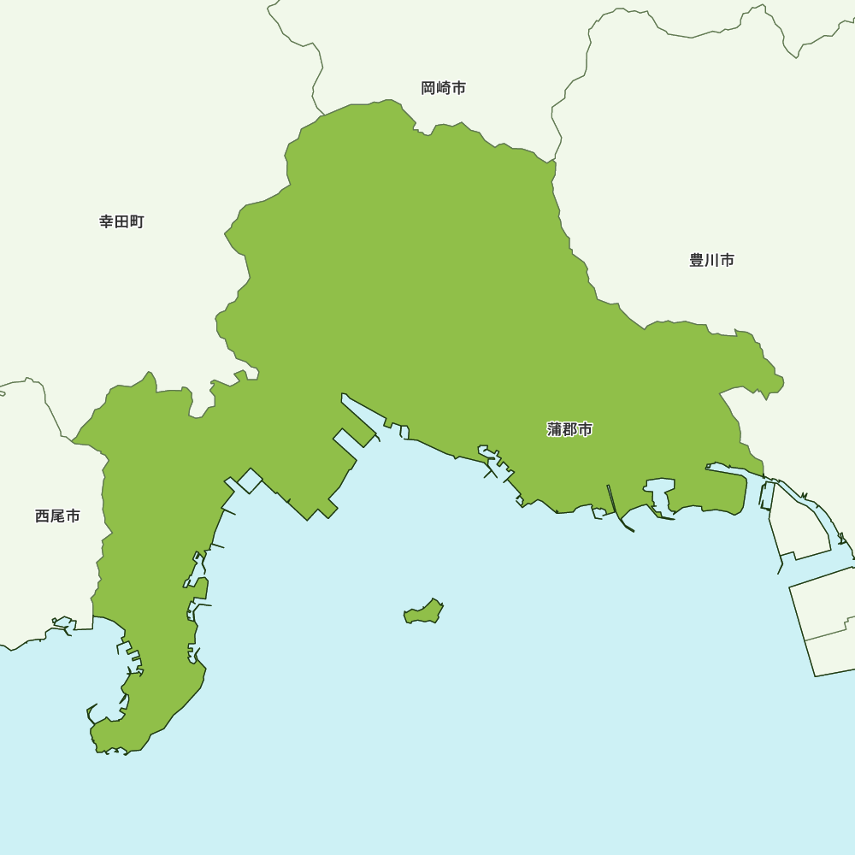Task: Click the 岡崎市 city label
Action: [x=444, y=88]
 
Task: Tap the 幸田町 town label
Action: [x=121, y=222]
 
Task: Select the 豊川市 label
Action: [x=711, y=260]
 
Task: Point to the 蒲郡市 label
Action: [x=569, y=429]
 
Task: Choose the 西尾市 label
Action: [x=57, y=516]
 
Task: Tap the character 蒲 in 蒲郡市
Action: [x=555, y=429]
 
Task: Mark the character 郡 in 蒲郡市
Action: [x=570, y=429]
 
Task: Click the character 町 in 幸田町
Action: [x=137, y=222]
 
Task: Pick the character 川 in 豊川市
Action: [x=711, y=260]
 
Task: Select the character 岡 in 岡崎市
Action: [x=428, y=88]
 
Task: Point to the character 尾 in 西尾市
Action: [x=57, y=516]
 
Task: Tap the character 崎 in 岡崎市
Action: [x=444, y=88]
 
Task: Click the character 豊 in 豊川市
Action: [x=697, y=260]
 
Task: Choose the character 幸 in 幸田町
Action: [x=107, y=222]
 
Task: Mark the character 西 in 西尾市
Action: [x=43, y=516]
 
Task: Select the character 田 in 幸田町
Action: [x=121, y=222]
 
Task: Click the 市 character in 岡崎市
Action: [x=459, y=88]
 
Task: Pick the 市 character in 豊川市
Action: [x=727, y=260]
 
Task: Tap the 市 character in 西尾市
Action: [x=73, y=516]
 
